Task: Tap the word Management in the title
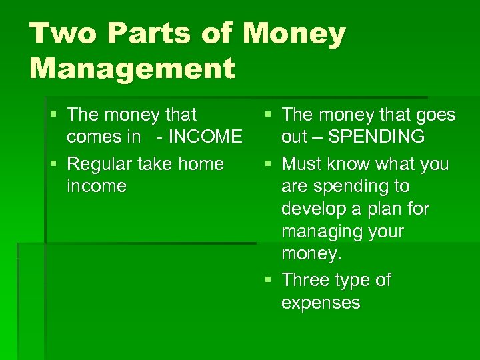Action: point(132,68)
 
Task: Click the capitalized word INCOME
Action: point(205,137)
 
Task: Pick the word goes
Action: point(433,115)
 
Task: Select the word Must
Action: point(304,163)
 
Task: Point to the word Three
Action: point(305,280)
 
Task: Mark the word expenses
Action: point(321,303)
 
